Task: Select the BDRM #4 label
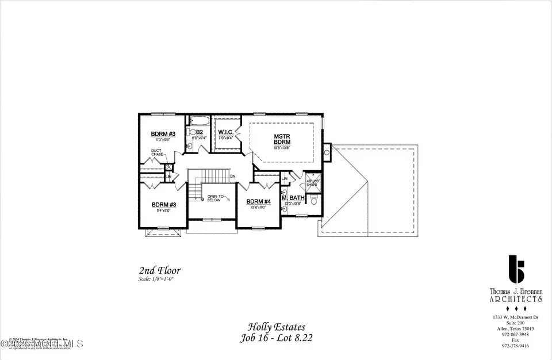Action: (x=259, y=202)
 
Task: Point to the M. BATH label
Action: (x=293, y=198)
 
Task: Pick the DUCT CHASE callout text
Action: (x=158, y=154)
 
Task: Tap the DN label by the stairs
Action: (x=233, y=176)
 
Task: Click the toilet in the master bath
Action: (x=313, y=201)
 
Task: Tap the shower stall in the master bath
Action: (x=310, y=181)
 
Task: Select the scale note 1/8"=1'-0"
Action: (x=156, y=279)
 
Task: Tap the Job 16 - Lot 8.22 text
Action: (x=276, y=338)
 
